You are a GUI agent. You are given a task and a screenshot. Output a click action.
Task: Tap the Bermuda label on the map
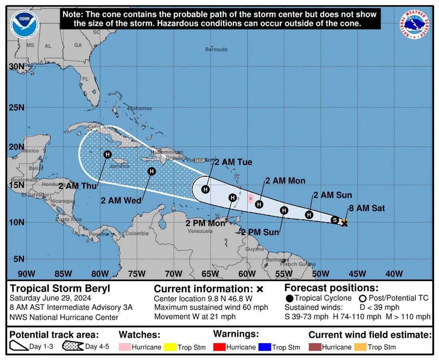click(216, 50)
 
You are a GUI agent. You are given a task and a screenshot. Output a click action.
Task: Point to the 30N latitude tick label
click(16, 67)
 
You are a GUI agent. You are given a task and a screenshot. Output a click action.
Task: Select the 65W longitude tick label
click(210, 274)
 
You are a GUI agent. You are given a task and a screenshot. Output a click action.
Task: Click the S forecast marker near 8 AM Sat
click(335, 219)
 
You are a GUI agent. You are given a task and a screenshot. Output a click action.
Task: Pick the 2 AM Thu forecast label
click(75, 186)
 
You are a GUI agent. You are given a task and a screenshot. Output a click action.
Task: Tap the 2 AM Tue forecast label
click(233, 162)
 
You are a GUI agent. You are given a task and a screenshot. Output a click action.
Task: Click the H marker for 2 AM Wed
click(151, 171)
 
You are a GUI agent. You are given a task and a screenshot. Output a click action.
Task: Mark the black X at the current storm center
click(345, 224)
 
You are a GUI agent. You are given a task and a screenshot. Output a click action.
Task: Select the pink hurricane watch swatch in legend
click(124, 347)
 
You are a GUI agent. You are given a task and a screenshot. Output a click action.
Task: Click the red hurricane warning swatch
click(219, 347)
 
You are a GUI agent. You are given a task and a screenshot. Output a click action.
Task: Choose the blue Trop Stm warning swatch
click(265, 347)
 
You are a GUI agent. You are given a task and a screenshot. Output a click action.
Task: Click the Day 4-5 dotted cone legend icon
click(72, 346)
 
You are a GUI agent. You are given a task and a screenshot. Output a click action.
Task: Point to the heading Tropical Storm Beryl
click(60, 288)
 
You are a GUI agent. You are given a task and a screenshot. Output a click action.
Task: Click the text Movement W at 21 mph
click(195, 316)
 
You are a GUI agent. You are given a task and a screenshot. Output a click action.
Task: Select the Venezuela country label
click(200, 231)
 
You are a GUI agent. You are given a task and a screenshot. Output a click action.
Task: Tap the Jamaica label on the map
click(116, 166)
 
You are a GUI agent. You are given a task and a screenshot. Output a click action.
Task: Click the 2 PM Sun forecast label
click(260, 232)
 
